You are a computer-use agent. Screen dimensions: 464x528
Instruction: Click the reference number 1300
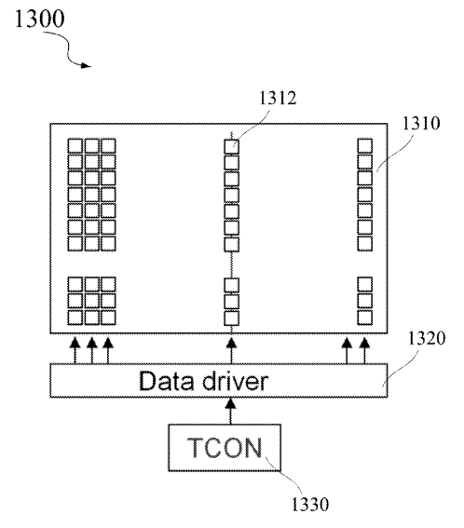click(39, 19)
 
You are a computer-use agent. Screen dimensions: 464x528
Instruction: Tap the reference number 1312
click(278, 98)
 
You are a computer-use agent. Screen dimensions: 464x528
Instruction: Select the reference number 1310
click(421, 123)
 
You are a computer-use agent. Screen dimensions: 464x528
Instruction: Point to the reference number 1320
click(427, 338)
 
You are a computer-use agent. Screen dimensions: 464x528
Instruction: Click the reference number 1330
click(309, 505)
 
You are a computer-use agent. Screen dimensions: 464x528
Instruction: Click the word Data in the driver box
click(167, 381)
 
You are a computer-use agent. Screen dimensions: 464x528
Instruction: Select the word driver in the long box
click(235, 381)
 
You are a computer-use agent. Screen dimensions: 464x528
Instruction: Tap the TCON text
click(225, 448)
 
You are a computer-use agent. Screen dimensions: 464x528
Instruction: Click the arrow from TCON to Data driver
click(230, 412)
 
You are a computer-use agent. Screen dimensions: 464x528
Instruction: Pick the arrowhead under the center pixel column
click(231, 344)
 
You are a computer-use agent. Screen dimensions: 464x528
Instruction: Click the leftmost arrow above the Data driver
click(75, 351)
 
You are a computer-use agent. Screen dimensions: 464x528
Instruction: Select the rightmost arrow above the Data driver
click(364, 351)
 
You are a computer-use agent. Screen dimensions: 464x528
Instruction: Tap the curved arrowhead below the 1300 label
click(86, 65)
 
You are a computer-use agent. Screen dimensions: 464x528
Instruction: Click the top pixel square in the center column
click(231, 146)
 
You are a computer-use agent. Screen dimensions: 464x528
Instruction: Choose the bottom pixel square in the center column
click(231, 318)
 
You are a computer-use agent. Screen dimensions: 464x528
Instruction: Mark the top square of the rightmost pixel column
click(364, 146)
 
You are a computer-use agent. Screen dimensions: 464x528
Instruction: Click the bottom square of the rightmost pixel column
click(364, 318)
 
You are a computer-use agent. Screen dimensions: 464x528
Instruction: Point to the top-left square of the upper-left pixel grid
click(75, 146)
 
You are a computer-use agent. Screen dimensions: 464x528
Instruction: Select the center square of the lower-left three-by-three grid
click(91, 301)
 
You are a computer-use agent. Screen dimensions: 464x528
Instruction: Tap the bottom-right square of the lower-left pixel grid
click(108, 318)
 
